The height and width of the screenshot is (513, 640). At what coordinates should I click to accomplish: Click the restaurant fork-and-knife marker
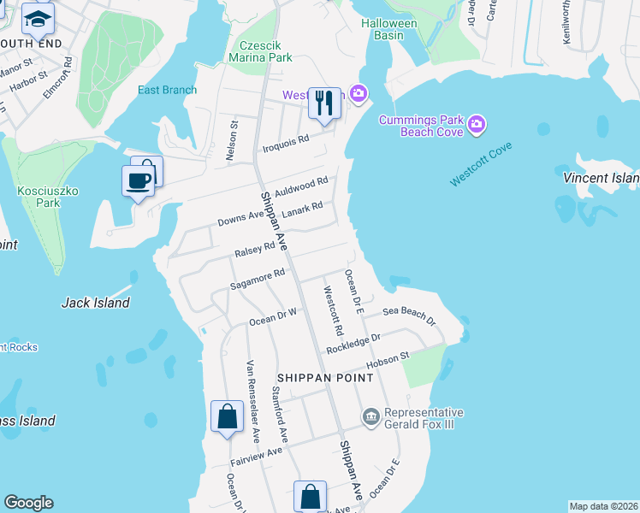click(323, 103)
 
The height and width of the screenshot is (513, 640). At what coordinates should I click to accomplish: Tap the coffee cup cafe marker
click(138, 180)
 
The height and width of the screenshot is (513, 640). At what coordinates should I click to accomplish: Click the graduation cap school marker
click(37, 18)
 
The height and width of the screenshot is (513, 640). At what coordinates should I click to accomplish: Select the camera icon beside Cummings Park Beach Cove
click(477, 126)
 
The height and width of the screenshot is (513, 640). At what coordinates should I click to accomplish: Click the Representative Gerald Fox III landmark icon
click(370, 417)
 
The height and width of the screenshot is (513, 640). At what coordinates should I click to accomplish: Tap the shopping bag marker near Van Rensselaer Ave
click(227, 417)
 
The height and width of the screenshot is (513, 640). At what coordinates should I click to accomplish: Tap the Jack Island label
click(96, 303)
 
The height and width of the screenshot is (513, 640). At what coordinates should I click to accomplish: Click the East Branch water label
click(168, 90)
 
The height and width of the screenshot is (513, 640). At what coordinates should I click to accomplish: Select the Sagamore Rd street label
click(258, 279)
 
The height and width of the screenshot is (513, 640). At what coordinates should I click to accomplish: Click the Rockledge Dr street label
click(353, 344)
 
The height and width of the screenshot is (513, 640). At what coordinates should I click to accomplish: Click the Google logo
click(28, 503)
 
